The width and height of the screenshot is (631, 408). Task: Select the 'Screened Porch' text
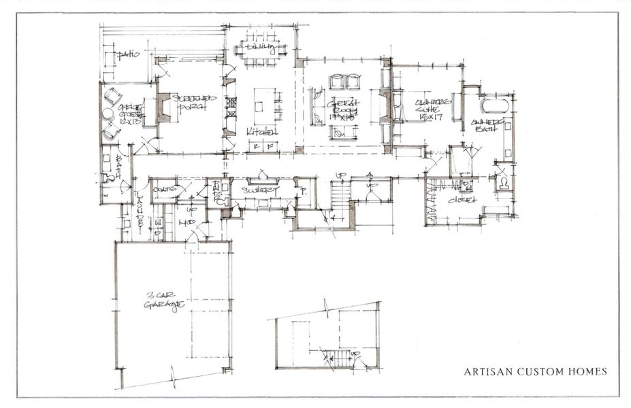point(193,103)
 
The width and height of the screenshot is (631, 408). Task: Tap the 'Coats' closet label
point(165,188)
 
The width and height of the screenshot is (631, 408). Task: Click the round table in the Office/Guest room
point(108,114)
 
